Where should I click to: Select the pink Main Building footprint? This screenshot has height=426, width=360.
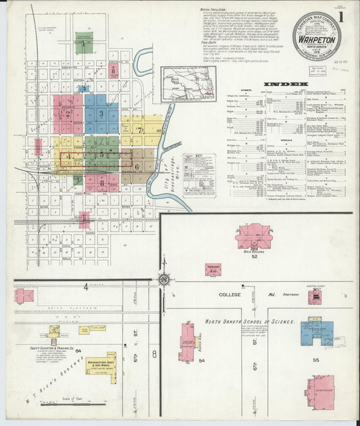(x=253, y=236)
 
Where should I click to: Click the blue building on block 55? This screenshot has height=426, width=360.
(x=317, y=332)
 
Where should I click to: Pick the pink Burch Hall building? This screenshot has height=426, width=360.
(x=186, y=342)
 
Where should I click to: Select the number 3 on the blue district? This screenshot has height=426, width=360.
(x=101, y=113)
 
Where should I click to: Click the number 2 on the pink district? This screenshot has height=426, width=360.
(x=68, y=113)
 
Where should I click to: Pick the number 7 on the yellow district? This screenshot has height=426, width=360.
(x=139, y=129)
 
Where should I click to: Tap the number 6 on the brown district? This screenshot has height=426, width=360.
(x=136, y=166)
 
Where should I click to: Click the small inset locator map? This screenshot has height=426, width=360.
(x=174, y=83)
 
